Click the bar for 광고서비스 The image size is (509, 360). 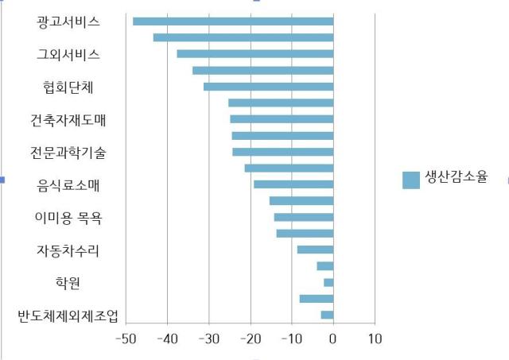coord(233,21)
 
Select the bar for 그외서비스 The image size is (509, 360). coord(255,54)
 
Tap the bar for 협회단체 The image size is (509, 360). coord(269,87)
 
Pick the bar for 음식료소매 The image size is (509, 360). coord(293,184)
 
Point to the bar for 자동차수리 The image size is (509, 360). coord(315,250)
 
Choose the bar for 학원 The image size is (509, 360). coord(328,282)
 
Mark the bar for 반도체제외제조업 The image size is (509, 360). coord(327,315)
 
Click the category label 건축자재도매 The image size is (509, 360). coord(68,120)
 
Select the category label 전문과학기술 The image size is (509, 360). coord(68,153)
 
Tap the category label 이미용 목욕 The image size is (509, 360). coord(68,218)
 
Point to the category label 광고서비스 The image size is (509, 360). coord(68,22)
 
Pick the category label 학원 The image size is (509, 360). coord(68,283)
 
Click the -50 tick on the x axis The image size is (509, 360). coord(126,339)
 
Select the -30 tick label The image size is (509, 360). coord(209,339)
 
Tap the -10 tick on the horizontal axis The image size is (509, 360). coord(292,339)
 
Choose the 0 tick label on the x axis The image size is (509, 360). coord(332,339)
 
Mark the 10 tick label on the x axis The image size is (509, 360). coord(375,339)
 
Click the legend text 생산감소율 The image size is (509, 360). coord(456,177)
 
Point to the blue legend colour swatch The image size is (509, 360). coord(411,180)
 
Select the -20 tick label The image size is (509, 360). coord(251,339)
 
